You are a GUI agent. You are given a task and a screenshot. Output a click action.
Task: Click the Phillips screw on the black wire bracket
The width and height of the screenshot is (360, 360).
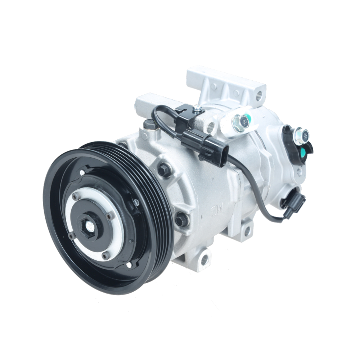(x=197, y=107)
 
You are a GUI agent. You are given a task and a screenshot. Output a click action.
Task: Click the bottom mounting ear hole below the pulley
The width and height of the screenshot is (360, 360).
(x=205, y=258)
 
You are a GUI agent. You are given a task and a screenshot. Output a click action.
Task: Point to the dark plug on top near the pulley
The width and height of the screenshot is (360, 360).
(x=149, y=125)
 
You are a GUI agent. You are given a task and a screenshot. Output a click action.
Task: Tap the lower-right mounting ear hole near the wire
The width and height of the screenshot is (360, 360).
(x=247, y=230)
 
